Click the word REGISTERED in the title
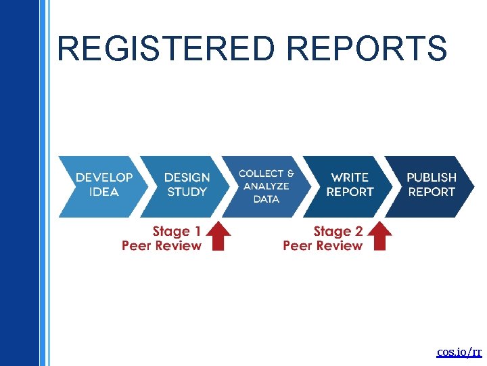(166, 49)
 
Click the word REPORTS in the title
(366, 49)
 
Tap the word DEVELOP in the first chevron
(104, 178)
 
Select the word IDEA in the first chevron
(104, 192)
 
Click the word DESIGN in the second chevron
(187, 178)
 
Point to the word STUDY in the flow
(187, 192)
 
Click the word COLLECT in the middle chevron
(261, 174)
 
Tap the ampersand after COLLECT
(291, 174)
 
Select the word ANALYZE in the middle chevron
(266, 186)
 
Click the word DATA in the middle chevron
(266, 199)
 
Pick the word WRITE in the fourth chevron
(350, 178)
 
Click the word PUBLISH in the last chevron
(432, 178)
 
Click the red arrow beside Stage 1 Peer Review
(218, 237)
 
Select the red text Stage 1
(177, 232)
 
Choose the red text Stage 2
(338, 232)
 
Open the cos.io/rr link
(459, 352)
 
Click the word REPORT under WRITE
(350, 192)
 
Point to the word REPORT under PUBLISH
(432, 192)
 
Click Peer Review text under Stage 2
(323, 245)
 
